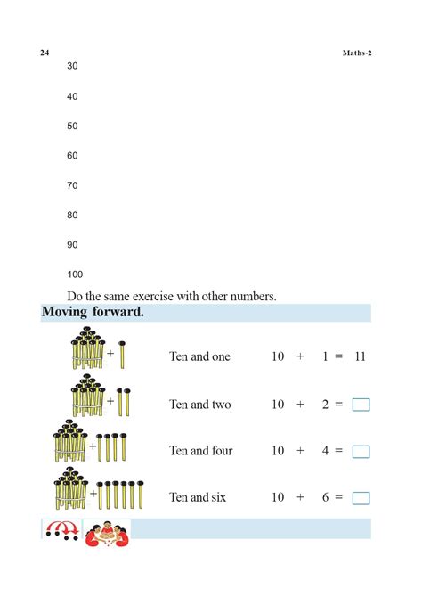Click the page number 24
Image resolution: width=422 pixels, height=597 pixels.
45,53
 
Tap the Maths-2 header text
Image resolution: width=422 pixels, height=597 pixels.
357,53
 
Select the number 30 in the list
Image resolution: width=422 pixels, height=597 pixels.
72,67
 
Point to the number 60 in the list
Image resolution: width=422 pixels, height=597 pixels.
72,156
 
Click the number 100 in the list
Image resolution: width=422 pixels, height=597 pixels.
75,274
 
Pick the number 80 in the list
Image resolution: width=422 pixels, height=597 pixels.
72,215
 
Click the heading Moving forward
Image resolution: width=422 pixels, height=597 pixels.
93,313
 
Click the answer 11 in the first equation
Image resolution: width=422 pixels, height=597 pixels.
360,356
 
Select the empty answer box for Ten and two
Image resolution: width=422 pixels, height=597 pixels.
361,405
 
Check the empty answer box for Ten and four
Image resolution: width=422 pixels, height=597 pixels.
361,452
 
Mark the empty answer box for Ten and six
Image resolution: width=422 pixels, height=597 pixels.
361,498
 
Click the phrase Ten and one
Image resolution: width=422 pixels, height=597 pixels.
199,356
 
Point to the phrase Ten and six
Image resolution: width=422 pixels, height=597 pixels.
198,497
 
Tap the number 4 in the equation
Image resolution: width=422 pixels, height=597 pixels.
327,451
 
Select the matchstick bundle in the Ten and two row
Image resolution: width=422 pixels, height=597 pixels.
88,397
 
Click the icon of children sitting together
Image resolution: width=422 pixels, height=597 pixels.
107,530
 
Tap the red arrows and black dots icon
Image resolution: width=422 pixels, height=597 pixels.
61,530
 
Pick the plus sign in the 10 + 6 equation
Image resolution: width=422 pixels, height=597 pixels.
300,497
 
